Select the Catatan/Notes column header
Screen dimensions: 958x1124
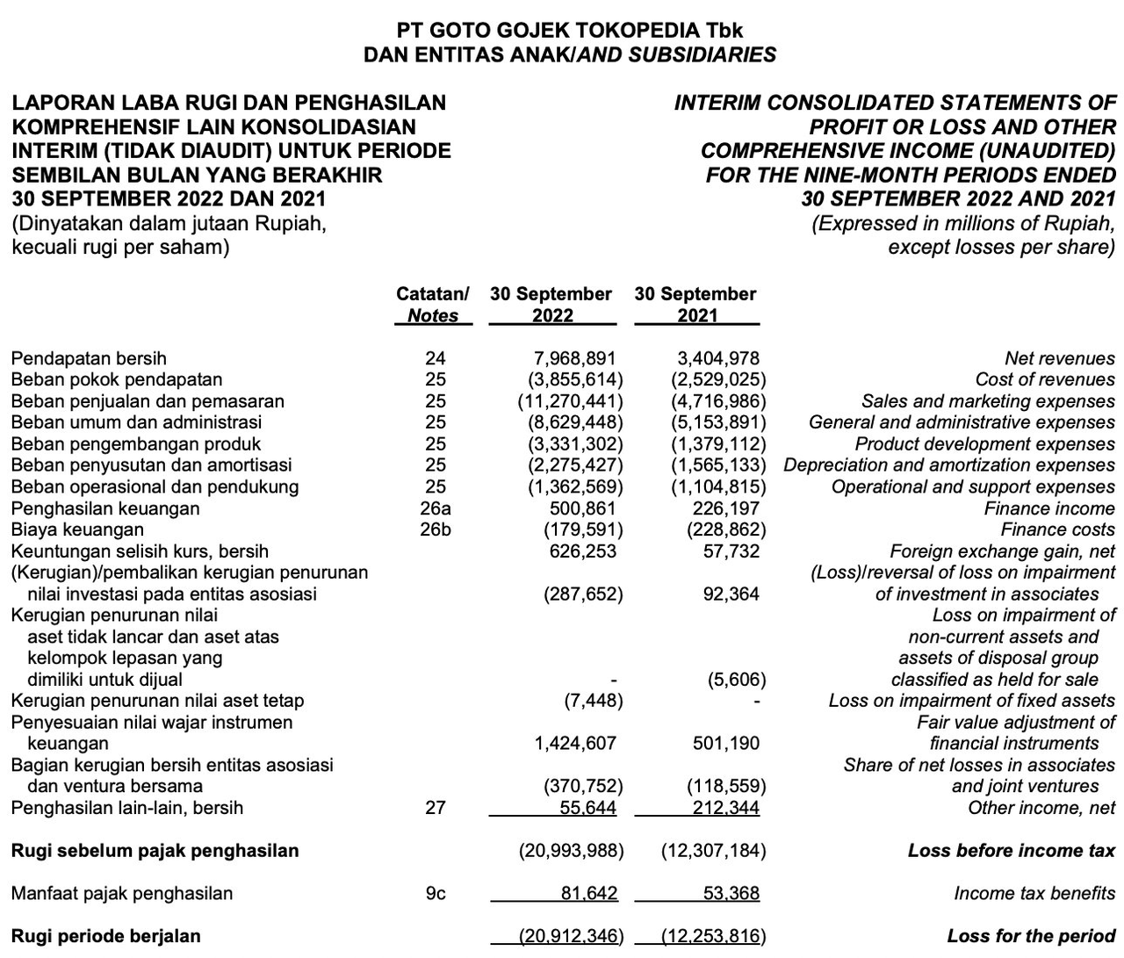point(433,305)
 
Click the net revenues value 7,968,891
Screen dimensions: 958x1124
point(574,358)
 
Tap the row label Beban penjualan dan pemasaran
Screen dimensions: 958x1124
point(148,401)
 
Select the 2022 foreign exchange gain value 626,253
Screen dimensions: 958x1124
point(574,551)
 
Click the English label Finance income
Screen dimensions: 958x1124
point(1049,508)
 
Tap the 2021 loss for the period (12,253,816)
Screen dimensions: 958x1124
point(712,936)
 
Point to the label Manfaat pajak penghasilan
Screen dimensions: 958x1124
point(122,893)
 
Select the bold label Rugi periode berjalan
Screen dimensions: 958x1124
point(105,936)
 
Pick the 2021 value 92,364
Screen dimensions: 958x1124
point(725,594)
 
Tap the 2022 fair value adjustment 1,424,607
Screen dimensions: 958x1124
point(574,743)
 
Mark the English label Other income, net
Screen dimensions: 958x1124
point(1041,808)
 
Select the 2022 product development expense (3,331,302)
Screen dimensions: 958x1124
point(570,444)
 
